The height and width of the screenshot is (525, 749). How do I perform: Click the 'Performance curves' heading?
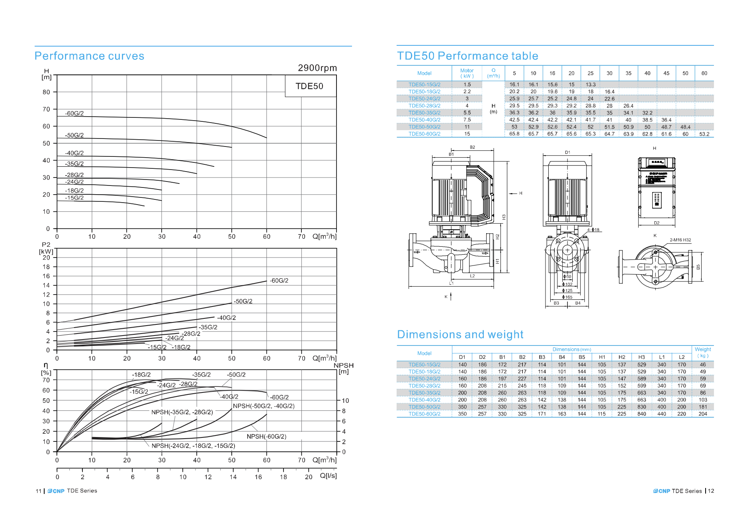pos(89,56)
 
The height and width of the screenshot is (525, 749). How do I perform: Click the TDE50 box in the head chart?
pos(309,86)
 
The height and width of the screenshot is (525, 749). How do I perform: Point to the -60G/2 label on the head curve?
pos(74,113)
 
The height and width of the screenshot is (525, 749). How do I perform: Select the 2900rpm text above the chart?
pos(317,68)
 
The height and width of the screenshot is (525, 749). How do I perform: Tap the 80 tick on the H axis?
pos(47,92)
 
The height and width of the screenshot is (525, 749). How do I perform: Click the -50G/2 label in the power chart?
pos(243,301)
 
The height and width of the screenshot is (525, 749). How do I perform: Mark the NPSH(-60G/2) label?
pos(266,437)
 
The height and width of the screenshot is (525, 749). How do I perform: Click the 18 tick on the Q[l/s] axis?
pos(283,477)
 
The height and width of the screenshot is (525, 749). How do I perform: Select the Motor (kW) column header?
pos(467,73)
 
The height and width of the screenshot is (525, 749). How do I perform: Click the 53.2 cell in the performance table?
pos(704,134)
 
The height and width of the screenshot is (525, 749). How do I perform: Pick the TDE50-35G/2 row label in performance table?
pos(424,113)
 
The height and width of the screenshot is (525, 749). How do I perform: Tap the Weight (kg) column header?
pos(703,352)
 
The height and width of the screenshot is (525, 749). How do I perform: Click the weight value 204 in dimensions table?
pos(703,414)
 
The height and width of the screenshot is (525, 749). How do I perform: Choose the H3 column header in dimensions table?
pos(641,357)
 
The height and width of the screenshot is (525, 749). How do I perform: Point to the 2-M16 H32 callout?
pos(680,240)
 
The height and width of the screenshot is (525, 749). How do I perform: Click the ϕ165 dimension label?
pos(567,297)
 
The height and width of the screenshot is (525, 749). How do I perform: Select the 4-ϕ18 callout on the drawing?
pos(593,230)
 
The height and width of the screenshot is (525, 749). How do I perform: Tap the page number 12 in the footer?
pos(711,491)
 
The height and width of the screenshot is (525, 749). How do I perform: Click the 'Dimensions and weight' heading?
pos(460,335)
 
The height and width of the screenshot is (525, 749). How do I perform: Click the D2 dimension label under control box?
pos(657,223)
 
